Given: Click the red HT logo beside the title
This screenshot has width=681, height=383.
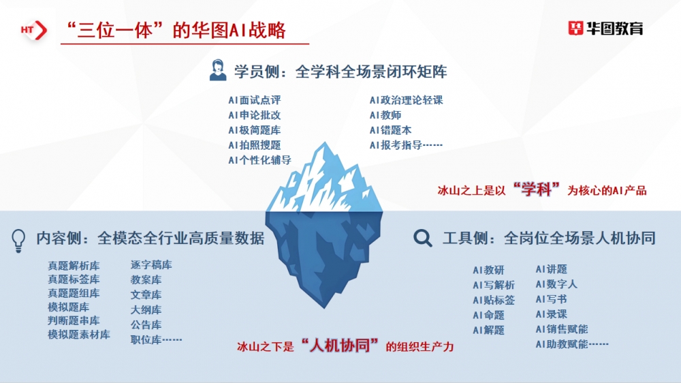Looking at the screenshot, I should tap(33, 30).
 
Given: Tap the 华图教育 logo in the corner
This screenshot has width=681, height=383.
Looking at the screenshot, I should tap(605, 28).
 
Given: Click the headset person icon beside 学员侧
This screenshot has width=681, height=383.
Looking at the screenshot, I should tap(218, 71).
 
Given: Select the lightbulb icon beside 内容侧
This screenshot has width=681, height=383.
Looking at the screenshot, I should tap(19, 239).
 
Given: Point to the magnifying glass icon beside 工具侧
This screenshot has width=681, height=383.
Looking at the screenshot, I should tap(423, 238).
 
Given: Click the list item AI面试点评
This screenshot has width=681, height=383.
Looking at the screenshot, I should tap(255, 100).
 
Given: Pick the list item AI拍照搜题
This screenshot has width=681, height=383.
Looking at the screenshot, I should tap(255, 145).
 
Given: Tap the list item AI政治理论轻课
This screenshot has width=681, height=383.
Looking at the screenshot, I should tap(407, 100).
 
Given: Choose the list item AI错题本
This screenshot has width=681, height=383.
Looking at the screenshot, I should tap(391, 130).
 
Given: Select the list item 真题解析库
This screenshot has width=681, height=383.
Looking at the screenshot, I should tap(74, 266).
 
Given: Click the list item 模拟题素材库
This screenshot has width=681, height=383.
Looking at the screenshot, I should tap(78, 335).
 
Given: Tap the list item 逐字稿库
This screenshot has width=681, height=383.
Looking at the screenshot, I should tap(151, 265).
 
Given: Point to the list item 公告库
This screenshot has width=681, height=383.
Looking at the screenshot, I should tap(146, 325).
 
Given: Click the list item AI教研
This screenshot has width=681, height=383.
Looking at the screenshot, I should tap(489, 271).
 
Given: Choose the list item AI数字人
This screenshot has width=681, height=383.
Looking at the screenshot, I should tap(556, 284).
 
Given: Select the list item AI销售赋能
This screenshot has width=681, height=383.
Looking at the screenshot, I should tap(562, 329).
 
